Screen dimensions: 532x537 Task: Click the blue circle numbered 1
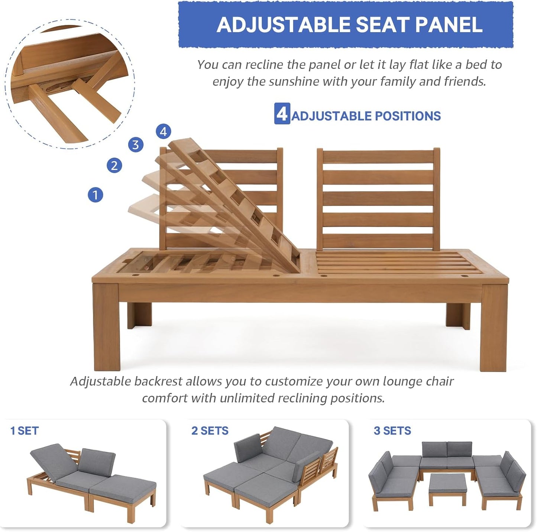pyautogui.click(x=95, y=195)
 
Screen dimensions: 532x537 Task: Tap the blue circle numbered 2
pyautogui.click(x=114, y=165)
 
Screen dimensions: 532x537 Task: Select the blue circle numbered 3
pyautogui.click(x=136, y=145)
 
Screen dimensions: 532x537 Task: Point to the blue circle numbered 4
pyautogui.click(x=164, y=132)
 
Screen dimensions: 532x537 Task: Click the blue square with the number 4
pyautogui.click(x=282, y=114)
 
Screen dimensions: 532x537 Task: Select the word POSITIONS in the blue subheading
pyautogui.click(x=408, y=116)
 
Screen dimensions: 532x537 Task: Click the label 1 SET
pyautogui.click(x=25, y=431)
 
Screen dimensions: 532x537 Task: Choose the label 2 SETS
pyautogui.click(x=210, y=431)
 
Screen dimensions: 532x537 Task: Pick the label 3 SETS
pyautogui.click(x=392, y=431)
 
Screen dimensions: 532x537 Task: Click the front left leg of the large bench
pyautogui.click(x=107, y=327)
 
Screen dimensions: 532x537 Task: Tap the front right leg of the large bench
pyautogui.click(x=494, y=327)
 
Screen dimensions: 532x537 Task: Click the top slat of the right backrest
pyautogui.click(x=378, y=157)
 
